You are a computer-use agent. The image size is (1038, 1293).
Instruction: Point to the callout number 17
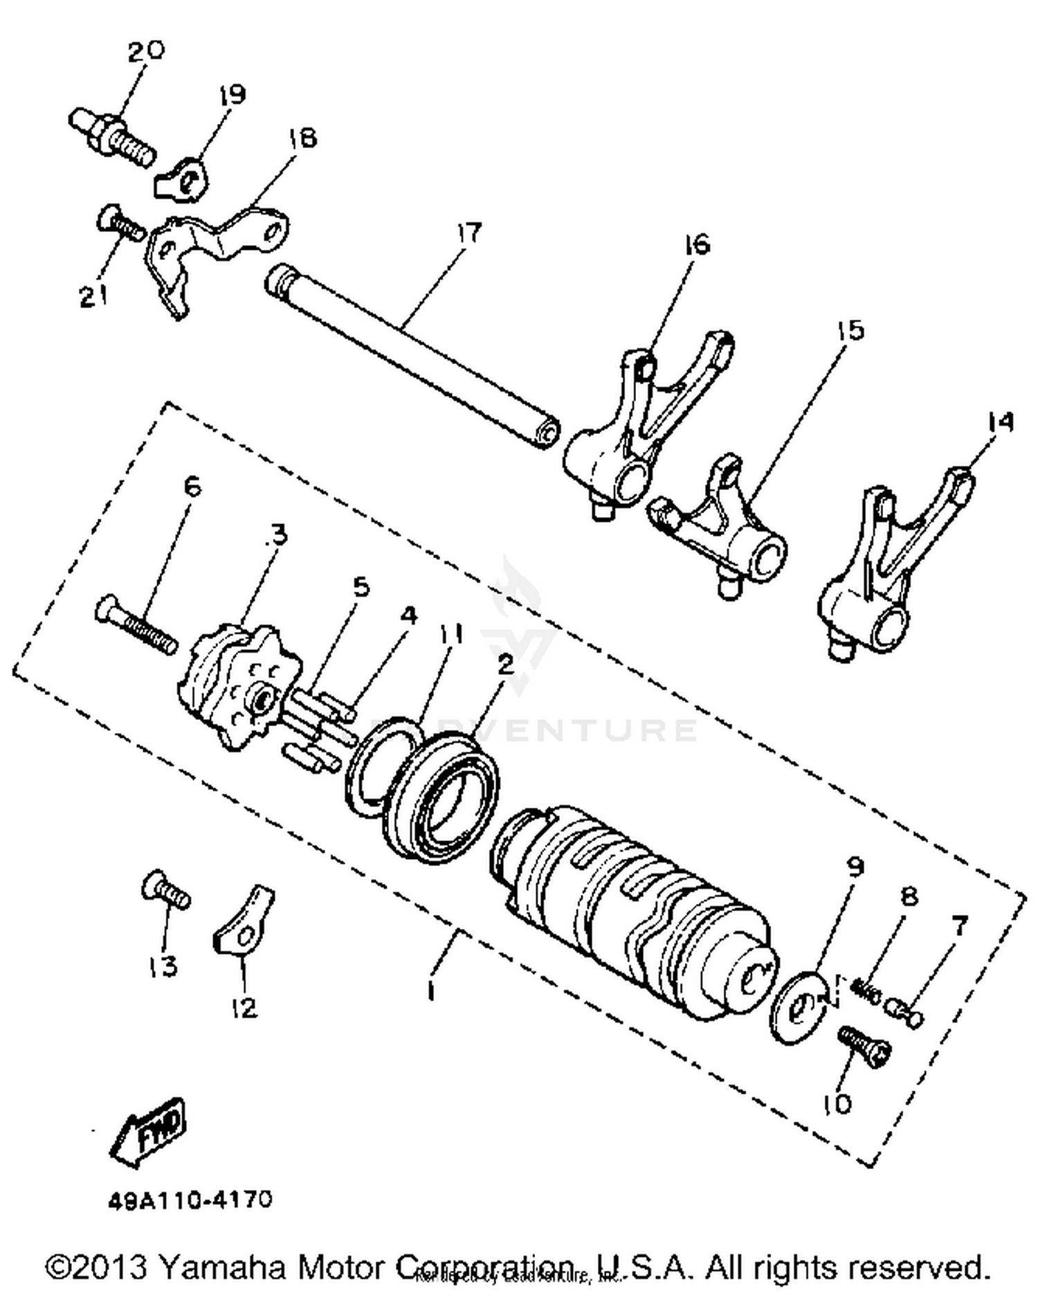[468, 233]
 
